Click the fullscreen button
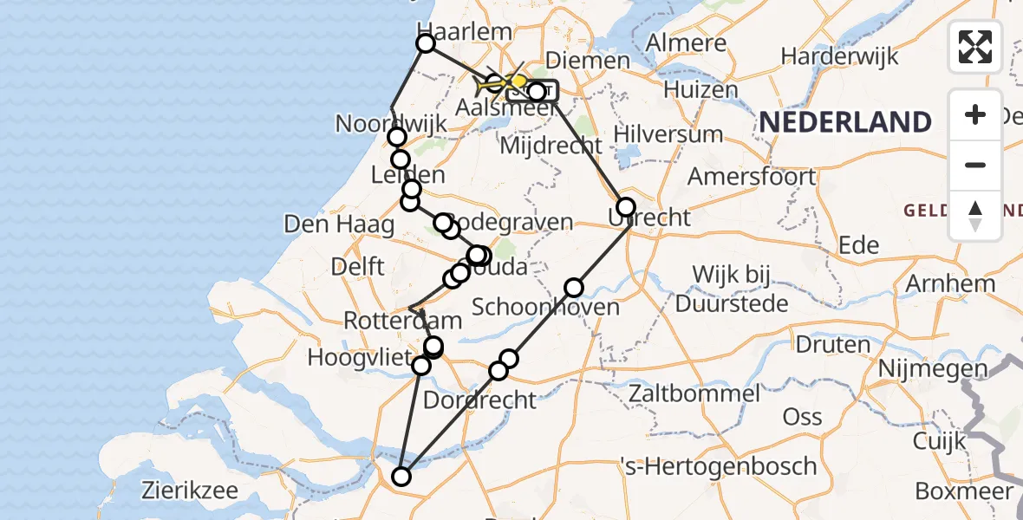pos(975,47)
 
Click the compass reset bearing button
pos(975,216)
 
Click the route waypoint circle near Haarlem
pos(426,43)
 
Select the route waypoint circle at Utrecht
pos(625,207)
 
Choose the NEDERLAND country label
pos(845,122)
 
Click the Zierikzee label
pos(190,491)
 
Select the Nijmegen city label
pos(933,369)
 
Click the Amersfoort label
pos(752,177)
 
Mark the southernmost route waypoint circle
pos(401,476)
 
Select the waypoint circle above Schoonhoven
pos(574,288)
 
